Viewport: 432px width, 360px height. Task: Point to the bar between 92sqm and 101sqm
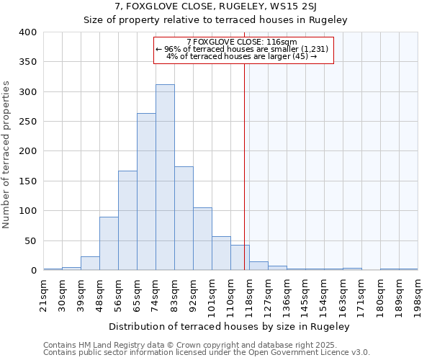pos(202,239)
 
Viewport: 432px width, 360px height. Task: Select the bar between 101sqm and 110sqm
pos(221,253)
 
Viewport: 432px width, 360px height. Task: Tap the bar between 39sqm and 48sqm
pos(90,264)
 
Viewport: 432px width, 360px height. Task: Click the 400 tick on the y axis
pos(27,32)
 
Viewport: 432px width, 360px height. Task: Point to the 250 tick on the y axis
pos(27,122)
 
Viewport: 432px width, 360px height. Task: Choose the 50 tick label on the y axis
pos(30,240)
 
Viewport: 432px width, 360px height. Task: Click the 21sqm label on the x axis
pos(44,292)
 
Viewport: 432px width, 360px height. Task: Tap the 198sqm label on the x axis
pos(418,294)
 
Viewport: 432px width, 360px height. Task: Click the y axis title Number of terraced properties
pos(6,154)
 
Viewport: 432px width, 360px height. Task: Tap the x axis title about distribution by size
pos(230,327)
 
